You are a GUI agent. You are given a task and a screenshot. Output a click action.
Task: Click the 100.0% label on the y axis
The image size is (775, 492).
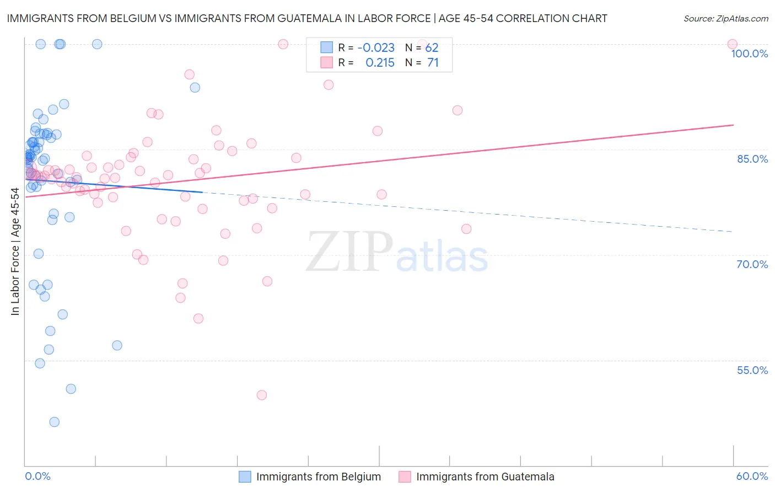click(x=749, y=54)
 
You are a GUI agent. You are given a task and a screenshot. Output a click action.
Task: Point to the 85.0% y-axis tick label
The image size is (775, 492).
click(x=752, y=159)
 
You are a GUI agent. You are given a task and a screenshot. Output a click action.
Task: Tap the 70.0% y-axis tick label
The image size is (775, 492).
click(x=752, y=264)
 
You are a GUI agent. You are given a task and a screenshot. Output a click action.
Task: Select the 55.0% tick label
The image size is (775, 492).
click(x=752, y=370)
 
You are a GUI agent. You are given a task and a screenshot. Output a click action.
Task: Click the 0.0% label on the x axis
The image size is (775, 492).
click(x=37, y=476)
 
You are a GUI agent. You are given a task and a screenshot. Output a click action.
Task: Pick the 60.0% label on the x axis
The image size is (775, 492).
click(x=751, y=476)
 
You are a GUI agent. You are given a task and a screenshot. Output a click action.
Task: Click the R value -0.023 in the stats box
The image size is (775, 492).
click(x=376, y=48)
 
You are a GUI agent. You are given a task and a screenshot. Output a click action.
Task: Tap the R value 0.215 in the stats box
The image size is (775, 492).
click(x=380, y=63)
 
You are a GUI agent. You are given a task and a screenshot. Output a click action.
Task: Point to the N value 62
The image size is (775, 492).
click(x=432, y=48)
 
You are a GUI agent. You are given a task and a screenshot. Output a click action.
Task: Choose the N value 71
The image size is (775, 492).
click(x=433, y=63)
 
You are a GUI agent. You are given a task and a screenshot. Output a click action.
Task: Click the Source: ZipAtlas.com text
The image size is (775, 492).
click(x=725, y=18)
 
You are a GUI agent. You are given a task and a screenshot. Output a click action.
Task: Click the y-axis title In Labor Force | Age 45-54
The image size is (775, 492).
click(x=15, y=252)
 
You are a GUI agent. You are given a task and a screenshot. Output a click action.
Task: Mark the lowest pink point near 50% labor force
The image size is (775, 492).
click(x=262, y=395)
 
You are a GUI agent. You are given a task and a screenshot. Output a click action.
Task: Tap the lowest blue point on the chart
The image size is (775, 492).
click(x=54, y=422)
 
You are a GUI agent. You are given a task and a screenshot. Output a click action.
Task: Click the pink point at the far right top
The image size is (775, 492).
click(x=733, y=44)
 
